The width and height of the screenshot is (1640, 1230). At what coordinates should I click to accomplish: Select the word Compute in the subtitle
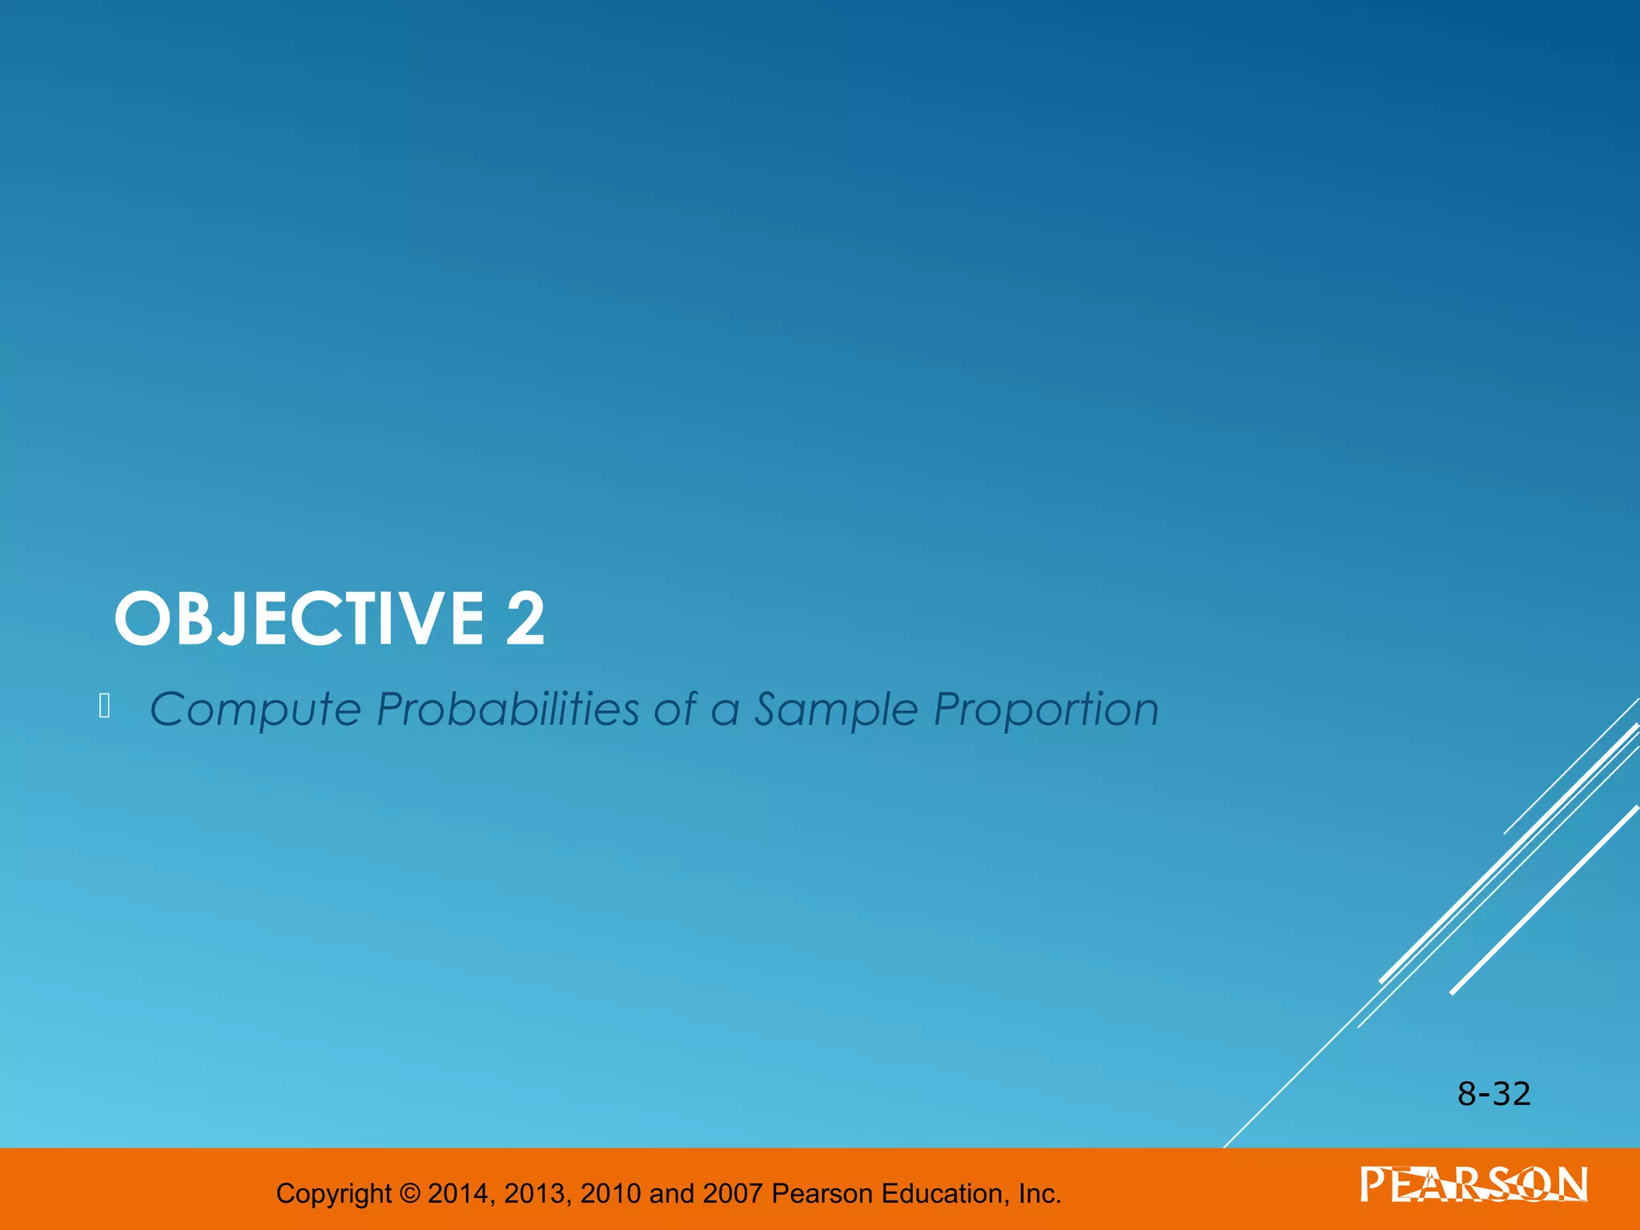tap(255, 710)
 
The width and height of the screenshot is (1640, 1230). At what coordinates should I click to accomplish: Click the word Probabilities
tap(508, 709)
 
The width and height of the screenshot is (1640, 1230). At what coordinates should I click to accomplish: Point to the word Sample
tap(835, 710)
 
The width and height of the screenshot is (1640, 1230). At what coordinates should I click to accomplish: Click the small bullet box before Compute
tap(104, 706)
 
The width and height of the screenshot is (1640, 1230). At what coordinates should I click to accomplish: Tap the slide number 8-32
tap(1493, 1094)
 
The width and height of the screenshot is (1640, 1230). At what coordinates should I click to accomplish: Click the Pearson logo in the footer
tap(1473, 1185)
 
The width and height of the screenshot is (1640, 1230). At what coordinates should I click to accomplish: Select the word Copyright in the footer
tap(334, 1194)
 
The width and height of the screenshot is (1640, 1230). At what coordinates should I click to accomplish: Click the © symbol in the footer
tap(409, 1193)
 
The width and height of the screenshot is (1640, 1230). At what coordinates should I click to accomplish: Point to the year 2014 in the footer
tap(458, 1193)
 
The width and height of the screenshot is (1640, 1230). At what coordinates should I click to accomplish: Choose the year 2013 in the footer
tap(534, 1193)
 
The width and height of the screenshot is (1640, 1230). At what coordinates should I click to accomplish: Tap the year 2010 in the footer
tap(610, 1193)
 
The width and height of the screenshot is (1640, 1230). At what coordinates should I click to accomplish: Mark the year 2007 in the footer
tap(732, 1193)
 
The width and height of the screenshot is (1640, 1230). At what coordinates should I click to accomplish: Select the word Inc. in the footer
tap(1039, 1193)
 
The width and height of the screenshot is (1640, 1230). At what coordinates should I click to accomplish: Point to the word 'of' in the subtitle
tap(674, 709)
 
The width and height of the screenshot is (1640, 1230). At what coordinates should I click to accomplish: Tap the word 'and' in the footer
tap(671, 1193)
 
